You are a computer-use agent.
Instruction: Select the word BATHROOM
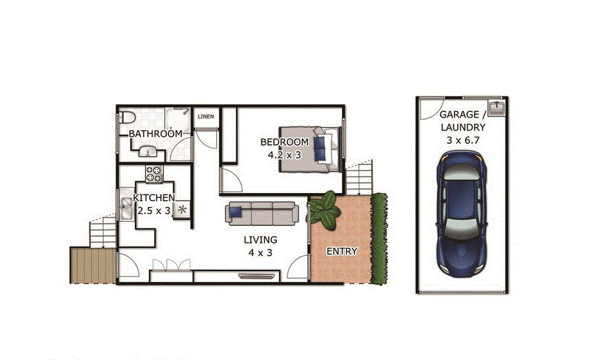click(x=155, y=133)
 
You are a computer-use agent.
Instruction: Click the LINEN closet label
click(x=205, y=116)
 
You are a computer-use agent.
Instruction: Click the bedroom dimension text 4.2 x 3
click(x=285, y=155)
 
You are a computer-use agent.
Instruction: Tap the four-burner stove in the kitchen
click(x=154, y=175)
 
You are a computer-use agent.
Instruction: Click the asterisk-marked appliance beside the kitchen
click(x=182, y=209)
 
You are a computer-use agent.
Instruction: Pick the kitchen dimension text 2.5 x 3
click(x=154, y=211)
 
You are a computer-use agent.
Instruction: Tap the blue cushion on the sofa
click(x=236, y=211)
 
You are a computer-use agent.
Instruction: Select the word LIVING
click(x=261, y=240)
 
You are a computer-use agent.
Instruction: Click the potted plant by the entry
click(x=324, y=208)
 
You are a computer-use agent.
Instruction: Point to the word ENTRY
click(x=341, y=251)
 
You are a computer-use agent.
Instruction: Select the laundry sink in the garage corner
click(x=497, y=108)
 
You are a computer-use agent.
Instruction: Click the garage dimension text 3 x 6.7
click(x=462, y=140)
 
